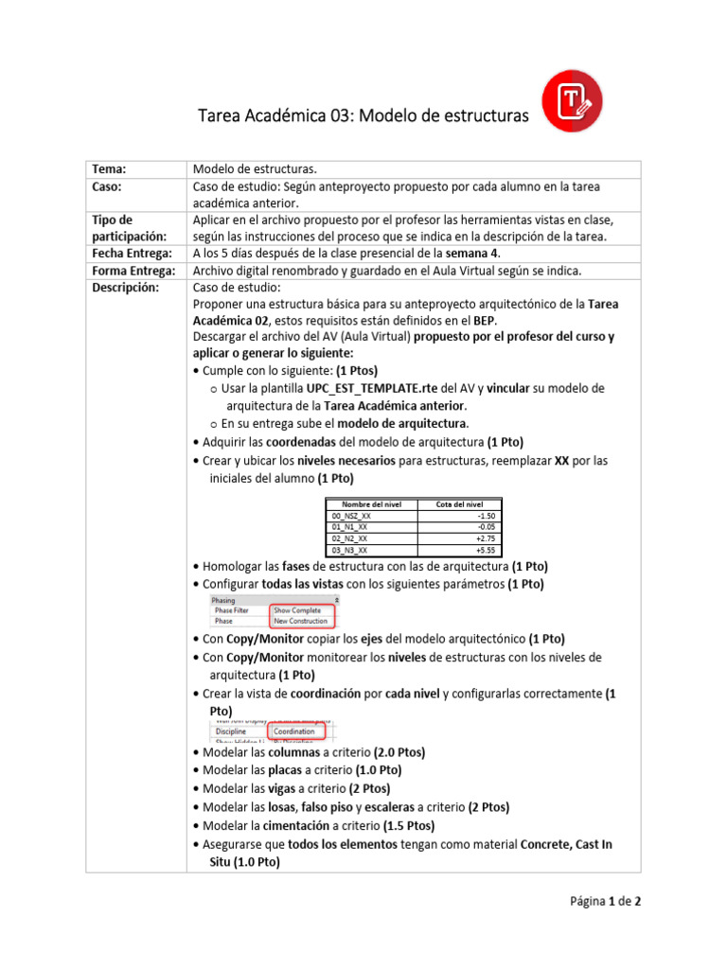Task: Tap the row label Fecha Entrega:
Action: click(131, 254)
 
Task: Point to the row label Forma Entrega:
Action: click(133, 270)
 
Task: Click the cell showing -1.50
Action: click(486, 516)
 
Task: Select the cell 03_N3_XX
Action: click(350, 550)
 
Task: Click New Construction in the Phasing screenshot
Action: click(300, 622)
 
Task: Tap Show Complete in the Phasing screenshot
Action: click(297, 610)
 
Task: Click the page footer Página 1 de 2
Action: click(604, 902)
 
